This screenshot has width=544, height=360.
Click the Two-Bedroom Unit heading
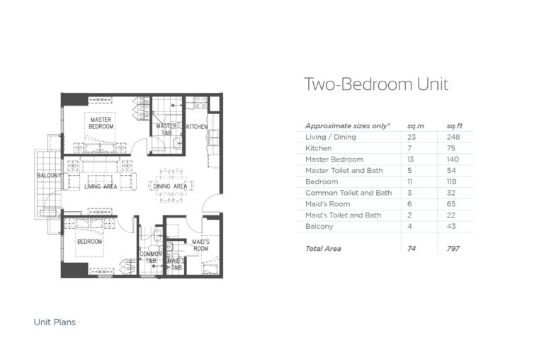(x=375, y=85)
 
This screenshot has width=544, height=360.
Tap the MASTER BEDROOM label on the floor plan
(x=101, y=123)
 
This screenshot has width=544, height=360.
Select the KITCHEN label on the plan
(x=196, y=126)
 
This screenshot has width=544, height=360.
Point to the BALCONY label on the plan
(x=50, y=175)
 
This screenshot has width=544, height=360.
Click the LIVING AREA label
(x=101, y=186)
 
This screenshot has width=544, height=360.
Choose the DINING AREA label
(x=170, y=186)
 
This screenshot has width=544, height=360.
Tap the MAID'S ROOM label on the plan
(x=200, y=245)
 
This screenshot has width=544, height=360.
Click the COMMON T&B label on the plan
(x=151, y=257)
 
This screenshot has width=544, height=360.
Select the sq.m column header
(x=414, y=125)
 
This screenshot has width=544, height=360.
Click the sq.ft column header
(x=454, y=125)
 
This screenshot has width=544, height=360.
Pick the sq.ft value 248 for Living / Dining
(x=453, y=137)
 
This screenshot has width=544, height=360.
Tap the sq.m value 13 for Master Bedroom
(x=412, y=159)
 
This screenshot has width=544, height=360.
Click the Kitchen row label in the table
(x=318, y=148)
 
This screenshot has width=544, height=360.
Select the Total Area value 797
(x=453, y=249)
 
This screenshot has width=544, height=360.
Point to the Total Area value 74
(x=412, y=249)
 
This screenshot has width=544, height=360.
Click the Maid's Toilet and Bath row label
(x=343, y=215)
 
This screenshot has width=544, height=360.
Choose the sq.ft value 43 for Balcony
(x=452, y=227)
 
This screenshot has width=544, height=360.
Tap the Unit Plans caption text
(x=55, y=322)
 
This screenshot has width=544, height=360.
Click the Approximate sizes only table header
(x=347, y=125)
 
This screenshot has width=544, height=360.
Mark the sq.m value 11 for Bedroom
(x=411, y=181)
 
